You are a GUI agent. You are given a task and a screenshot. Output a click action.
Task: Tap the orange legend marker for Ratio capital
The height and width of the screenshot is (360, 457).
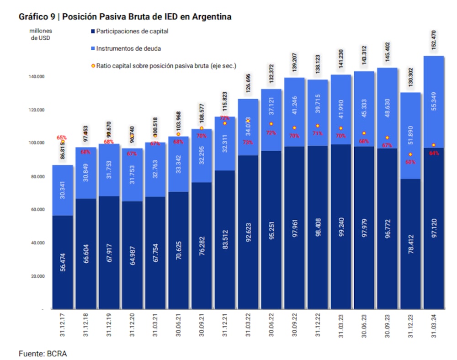93,66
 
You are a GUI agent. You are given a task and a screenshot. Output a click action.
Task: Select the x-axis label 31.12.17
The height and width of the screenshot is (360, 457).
63,325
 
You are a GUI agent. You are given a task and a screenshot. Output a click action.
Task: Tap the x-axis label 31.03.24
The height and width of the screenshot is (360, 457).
434,325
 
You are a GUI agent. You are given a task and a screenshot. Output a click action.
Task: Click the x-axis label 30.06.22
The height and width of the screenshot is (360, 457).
271,325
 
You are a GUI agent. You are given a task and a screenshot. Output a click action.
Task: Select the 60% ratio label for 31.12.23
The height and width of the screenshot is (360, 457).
411,162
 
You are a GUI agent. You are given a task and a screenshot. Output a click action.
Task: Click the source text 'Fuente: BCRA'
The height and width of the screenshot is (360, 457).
43,353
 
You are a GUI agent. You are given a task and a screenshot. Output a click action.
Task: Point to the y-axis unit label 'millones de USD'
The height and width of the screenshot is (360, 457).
41,35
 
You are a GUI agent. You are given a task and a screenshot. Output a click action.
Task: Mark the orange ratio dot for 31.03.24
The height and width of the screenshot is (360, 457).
434,145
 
